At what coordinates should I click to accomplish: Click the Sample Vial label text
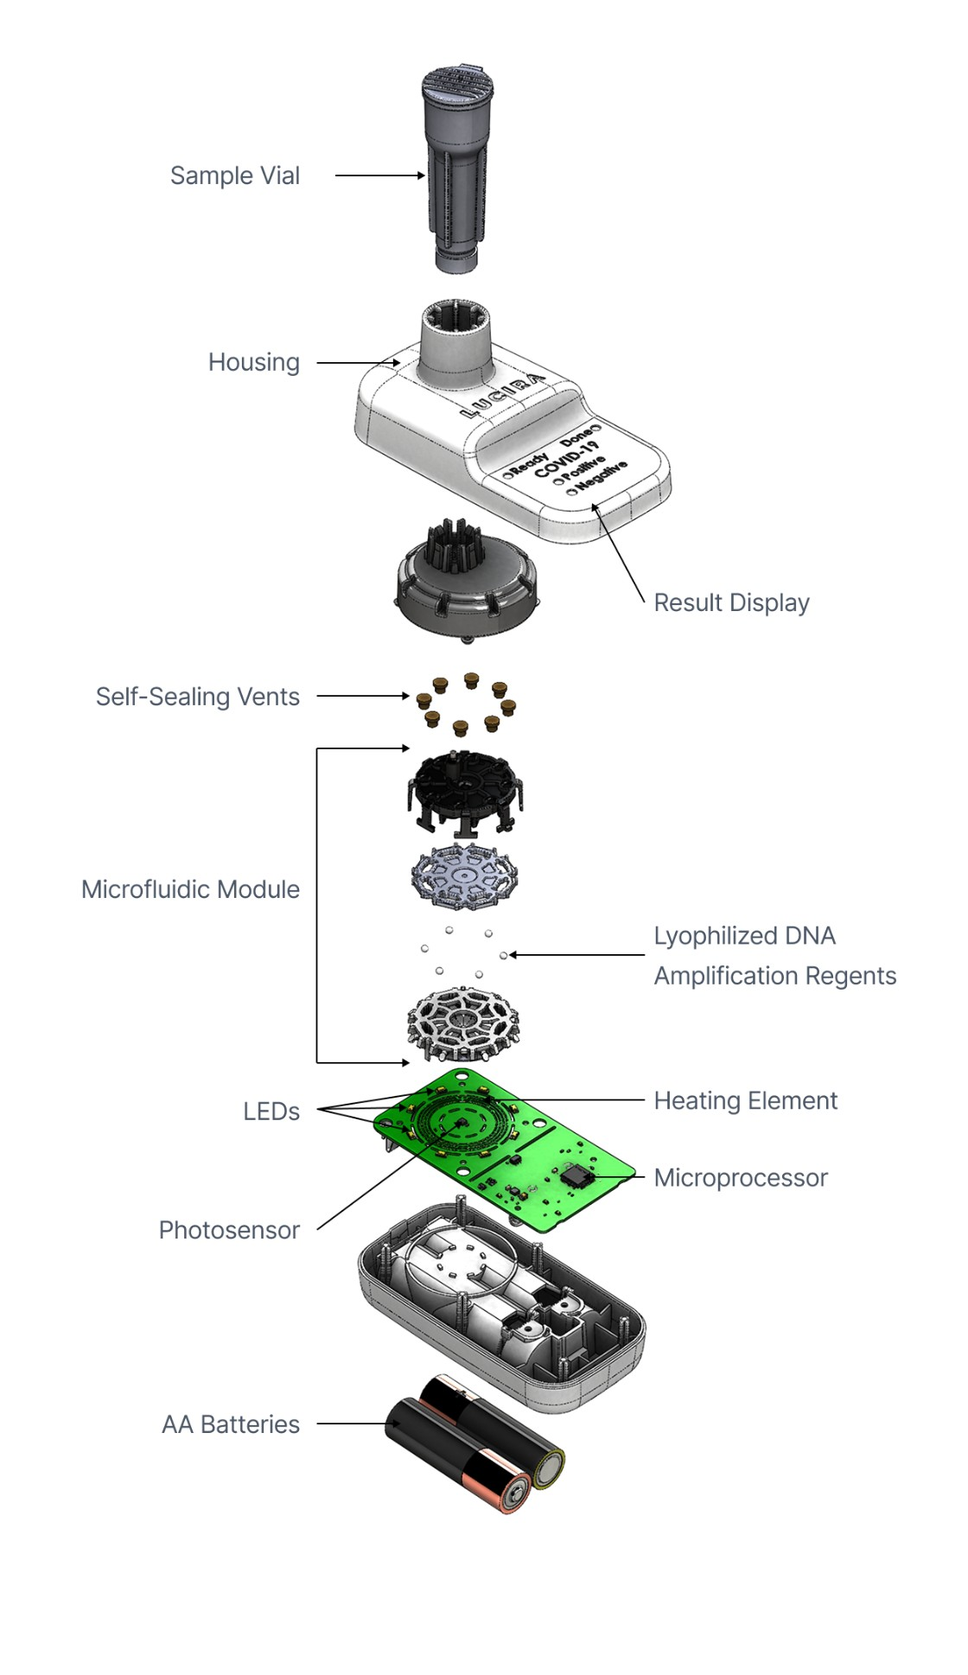point(234,175)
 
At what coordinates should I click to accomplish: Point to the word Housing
point(253,362)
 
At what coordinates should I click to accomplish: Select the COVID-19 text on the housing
point(566,459)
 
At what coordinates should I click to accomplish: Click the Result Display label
point(731,602)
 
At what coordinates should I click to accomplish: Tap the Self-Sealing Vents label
point(197,697)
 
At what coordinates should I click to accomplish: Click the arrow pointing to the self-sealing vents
point(363,696)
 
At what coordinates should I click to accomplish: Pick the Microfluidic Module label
point(190,889)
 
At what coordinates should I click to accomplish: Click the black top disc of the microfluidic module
point(465,782)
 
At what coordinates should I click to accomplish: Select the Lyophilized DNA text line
point(744,936)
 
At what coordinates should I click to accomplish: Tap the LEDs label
point(271,1111)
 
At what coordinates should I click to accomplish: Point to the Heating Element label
point(745,1101)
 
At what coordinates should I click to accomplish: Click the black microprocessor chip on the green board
point(575,1175)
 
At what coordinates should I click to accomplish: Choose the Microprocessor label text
point(741,1178)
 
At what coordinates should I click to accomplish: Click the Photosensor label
point(229,1230)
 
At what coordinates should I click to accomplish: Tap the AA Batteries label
point(230,1424)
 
